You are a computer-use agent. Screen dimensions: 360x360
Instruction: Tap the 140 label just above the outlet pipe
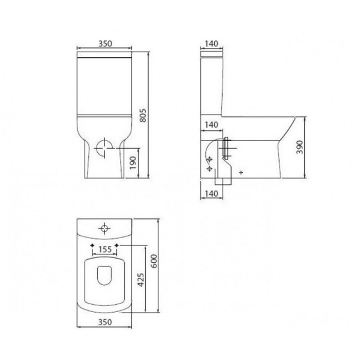coord(211,124)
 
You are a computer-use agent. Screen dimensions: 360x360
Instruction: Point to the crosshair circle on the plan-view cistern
coord(105,229)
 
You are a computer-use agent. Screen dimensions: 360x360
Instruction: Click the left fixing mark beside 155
coord(91,246)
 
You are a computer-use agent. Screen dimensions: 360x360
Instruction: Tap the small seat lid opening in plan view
coord(105,275)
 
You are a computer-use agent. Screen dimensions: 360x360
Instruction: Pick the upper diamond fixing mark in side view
coord(209,159)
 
